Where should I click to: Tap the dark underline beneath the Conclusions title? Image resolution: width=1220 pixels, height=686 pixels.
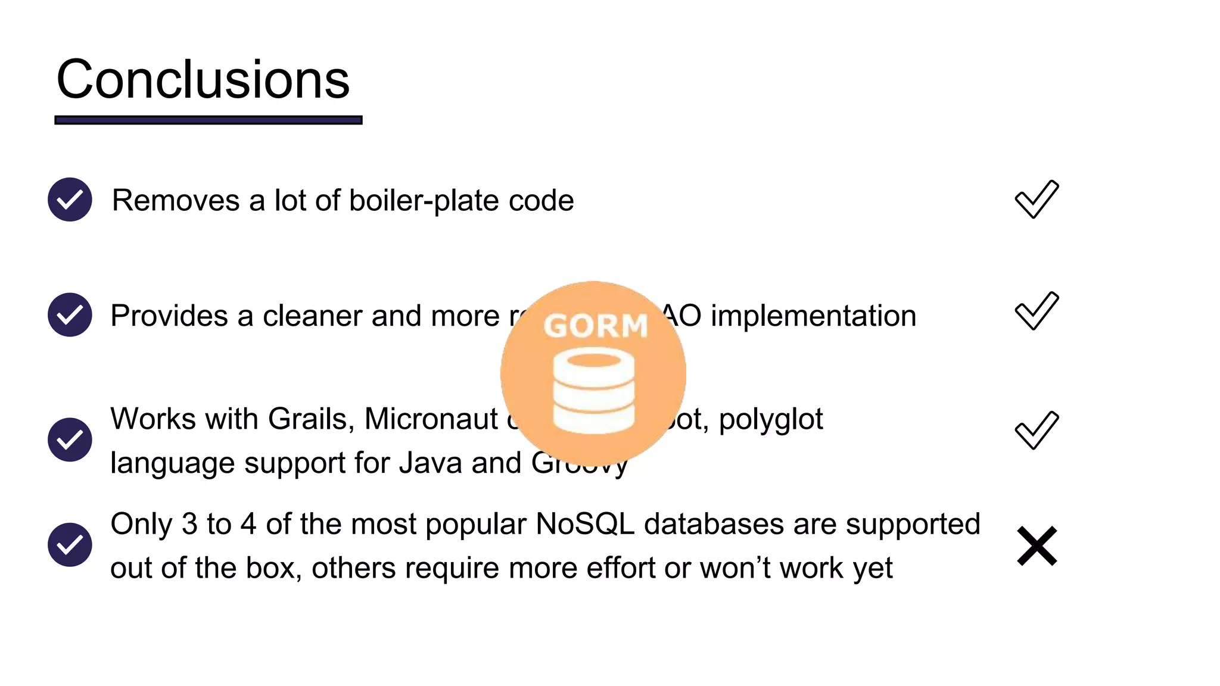tap(208, 120)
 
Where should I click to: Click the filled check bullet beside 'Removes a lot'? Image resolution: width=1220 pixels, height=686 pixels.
tap(70, 199)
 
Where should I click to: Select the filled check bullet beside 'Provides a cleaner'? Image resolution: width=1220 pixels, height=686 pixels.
tap(70, 314)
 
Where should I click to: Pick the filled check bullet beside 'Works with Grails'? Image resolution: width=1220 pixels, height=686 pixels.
tap(70, 439)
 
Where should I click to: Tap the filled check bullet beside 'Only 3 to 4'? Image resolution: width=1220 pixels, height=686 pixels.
tap(70, 544)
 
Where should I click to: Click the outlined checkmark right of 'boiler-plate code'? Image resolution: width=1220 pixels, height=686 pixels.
tap(1037, 199)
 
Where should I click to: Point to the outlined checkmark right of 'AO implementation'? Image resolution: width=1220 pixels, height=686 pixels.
tap(1037, 311)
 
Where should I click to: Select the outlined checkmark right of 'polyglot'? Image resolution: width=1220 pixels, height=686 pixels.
tap(1037, 430)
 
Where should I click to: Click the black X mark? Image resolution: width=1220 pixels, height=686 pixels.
tap(1037, 545)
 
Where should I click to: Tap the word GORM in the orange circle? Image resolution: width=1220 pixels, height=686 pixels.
tap(595, 326)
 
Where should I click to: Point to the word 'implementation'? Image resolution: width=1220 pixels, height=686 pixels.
tap(813, 316)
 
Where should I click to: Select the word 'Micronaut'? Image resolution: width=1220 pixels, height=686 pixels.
tap(431, 419)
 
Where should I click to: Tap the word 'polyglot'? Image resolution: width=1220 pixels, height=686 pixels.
tap(771, 420)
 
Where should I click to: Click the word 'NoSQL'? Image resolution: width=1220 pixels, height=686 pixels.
tap(585, 524)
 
